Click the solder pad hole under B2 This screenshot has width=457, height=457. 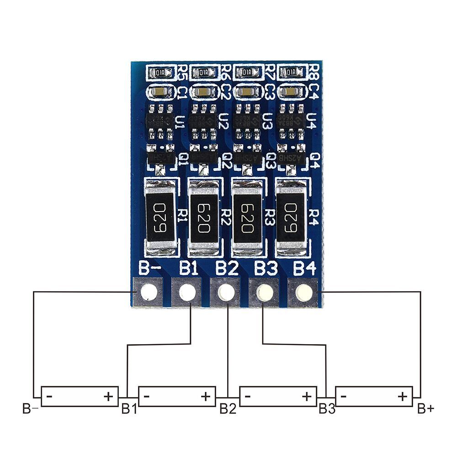click(x=225, y=292)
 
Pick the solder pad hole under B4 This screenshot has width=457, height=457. click(x=302, y=292)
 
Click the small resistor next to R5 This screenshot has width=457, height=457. click(x=160, y=72)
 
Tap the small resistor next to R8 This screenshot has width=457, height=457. click(x=291, y=72)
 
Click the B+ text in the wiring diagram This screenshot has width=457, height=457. click(x=425, y=408)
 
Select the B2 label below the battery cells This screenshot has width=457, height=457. click(x=228, y=408)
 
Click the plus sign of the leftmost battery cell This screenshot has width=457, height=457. click(x=108, y=396)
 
